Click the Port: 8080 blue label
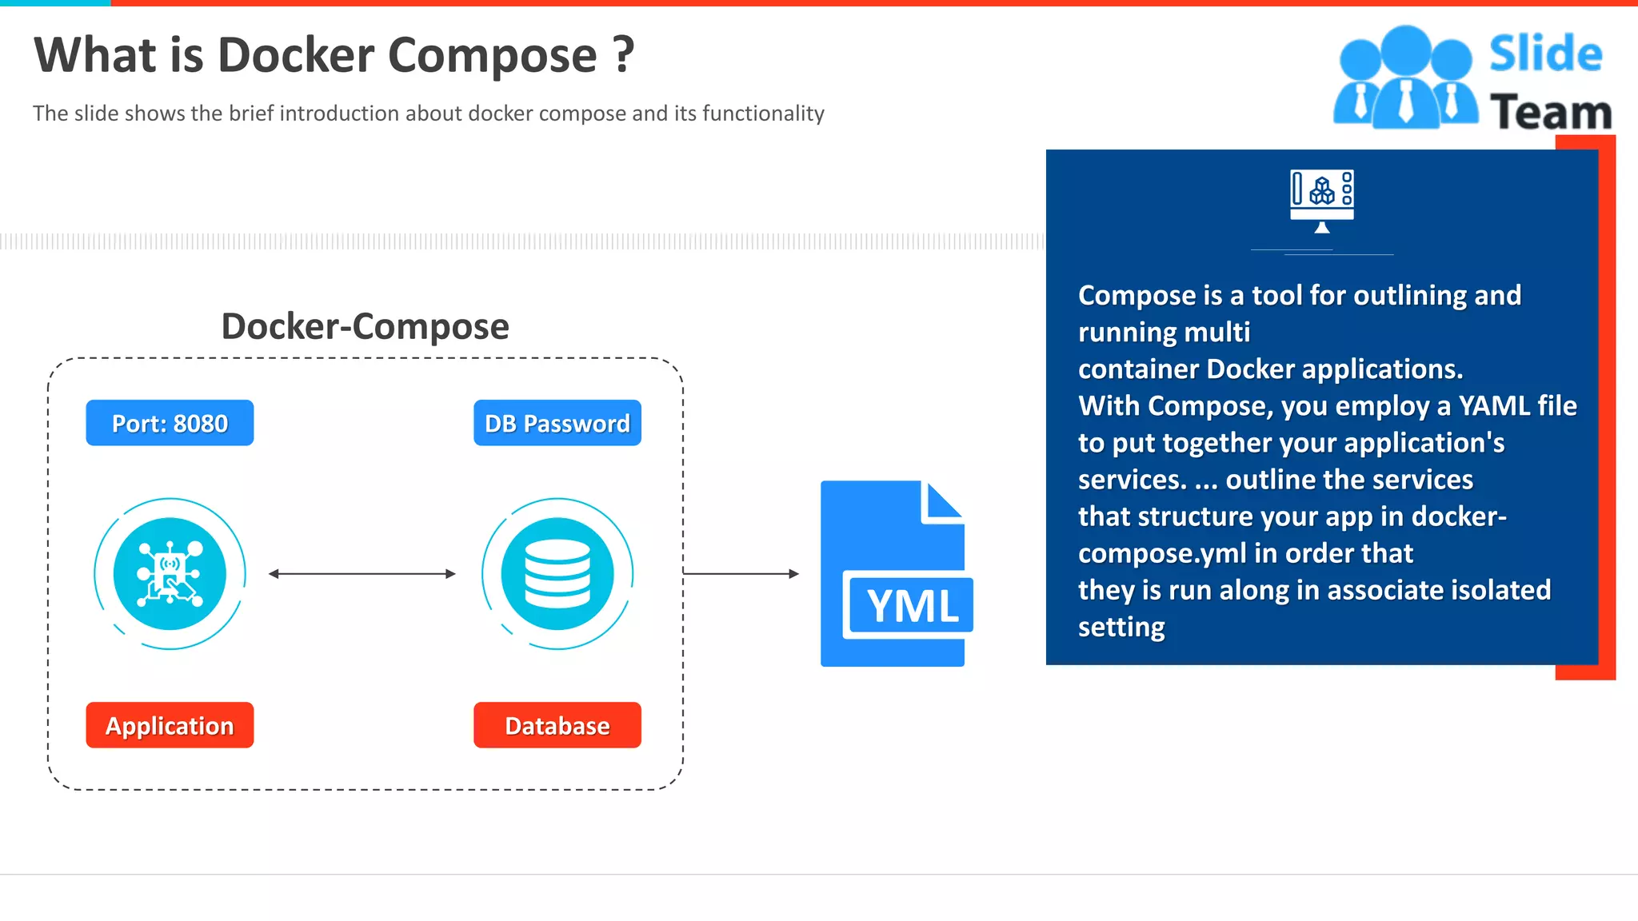(170, 423)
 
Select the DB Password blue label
(557, 423)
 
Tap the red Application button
(170, 725)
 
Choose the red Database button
(557, 725)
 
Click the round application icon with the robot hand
(170, 574)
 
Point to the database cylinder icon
(557, 574)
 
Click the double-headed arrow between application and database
(362, 573)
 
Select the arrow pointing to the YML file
(741, 573)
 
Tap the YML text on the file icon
(912, 606)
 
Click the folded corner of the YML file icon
(944, 502)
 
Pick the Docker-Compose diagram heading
(365, 326)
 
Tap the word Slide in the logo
(1545, 54)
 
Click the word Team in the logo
(1550, 112)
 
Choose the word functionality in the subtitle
(763, 114)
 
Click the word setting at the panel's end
(1121, 627)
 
